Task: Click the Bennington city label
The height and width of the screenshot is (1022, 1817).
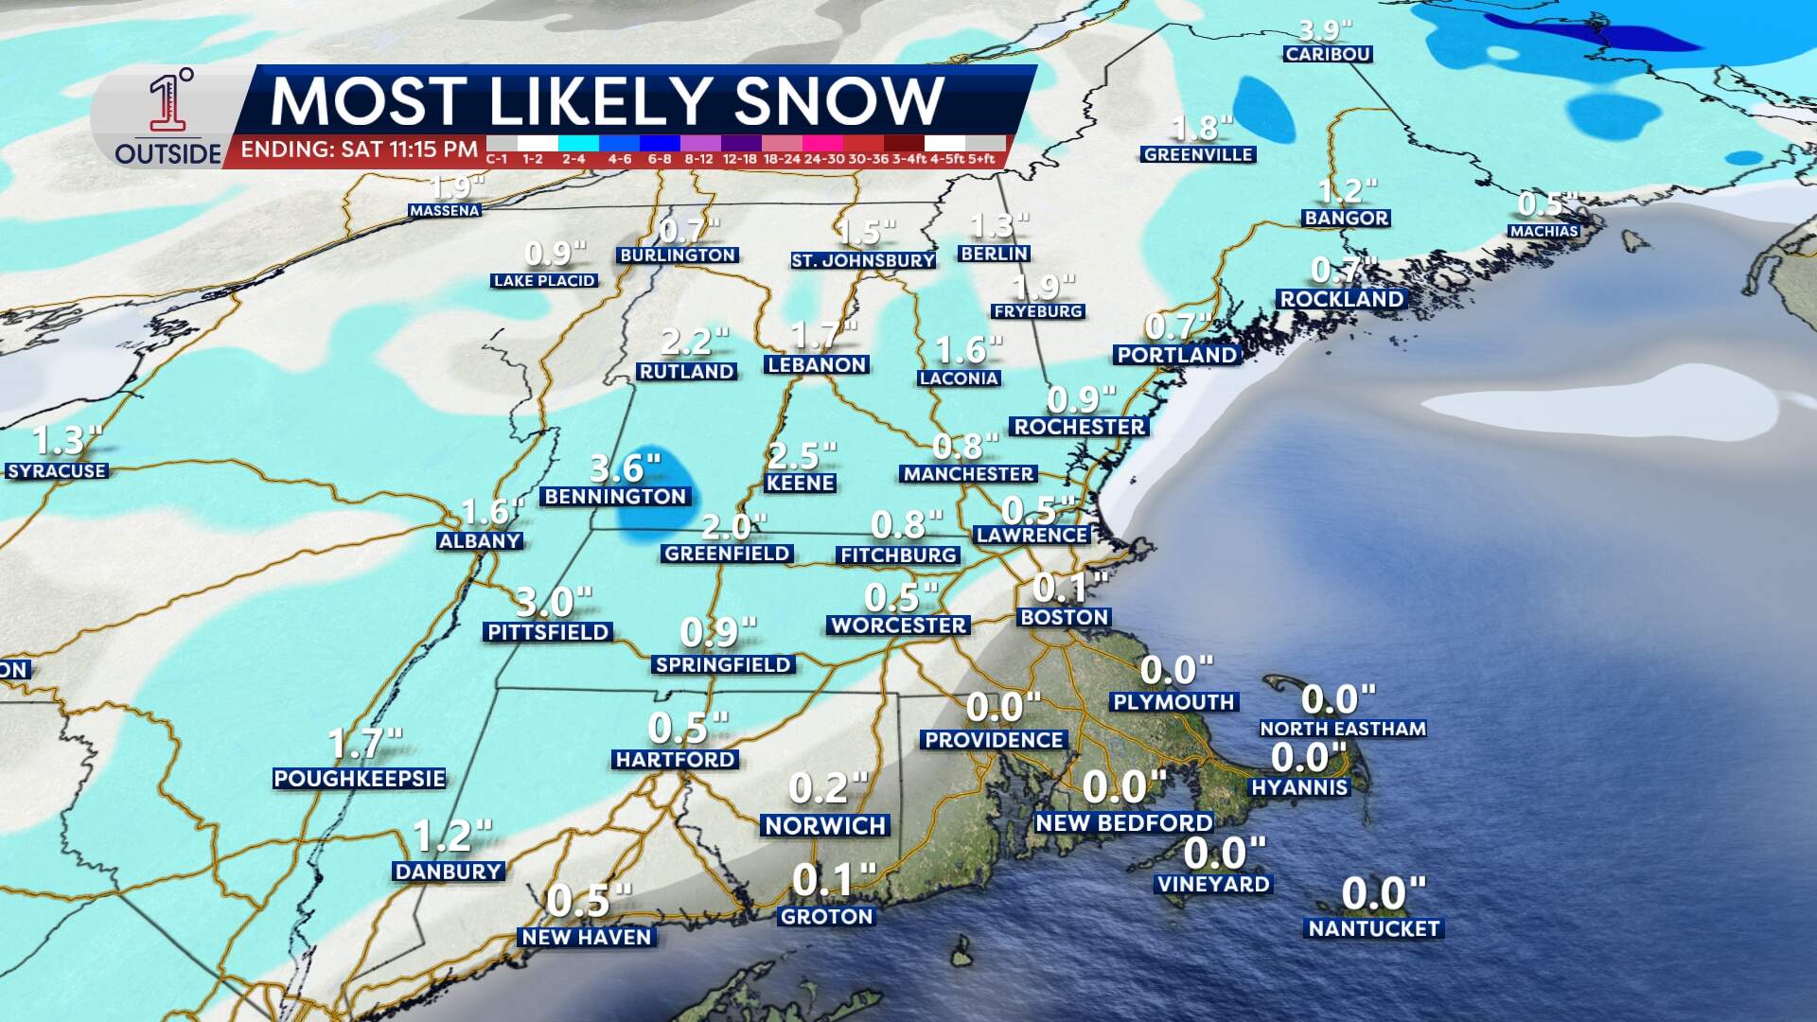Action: [x=615, y=497]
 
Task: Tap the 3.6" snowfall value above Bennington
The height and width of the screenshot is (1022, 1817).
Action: [x=625, y=467]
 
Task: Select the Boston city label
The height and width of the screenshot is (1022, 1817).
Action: [x=1064, y=618]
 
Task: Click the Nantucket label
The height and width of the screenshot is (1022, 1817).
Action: [x=1374, y=929]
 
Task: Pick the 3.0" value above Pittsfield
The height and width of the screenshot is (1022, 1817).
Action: [x=553, y=601]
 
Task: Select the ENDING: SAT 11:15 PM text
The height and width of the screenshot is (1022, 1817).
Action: [x=360, y=150]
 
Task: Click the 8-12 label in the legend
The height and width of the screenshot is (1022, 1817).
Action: [x=698, y=159]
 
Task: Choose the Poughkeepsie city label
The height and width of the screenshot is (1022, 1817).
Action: [x=360, y=779]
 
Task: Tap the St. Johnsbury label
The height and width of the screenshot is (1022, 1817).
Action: [x=863, y=260]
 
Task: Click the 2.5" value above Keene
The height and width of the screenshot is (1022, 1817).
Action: [x=802, y=456]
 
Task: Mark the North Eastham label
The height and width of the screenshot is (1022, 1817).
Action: [x=1342, y=729]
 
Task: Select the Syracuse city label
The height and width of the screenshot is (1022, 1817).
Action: [x=57, y=471]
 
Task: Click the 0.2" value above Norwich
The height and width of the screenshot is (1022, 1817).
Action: [x=828, y=787]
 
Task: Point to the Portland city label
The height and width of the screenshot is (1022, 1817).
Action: [x=1177, y=355]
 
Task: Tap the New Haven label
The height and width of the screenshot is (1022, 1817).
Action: [x=587, y=937]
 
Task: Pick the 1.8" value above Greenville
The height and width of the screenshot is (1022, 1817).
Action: [x=1202, y=127]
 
